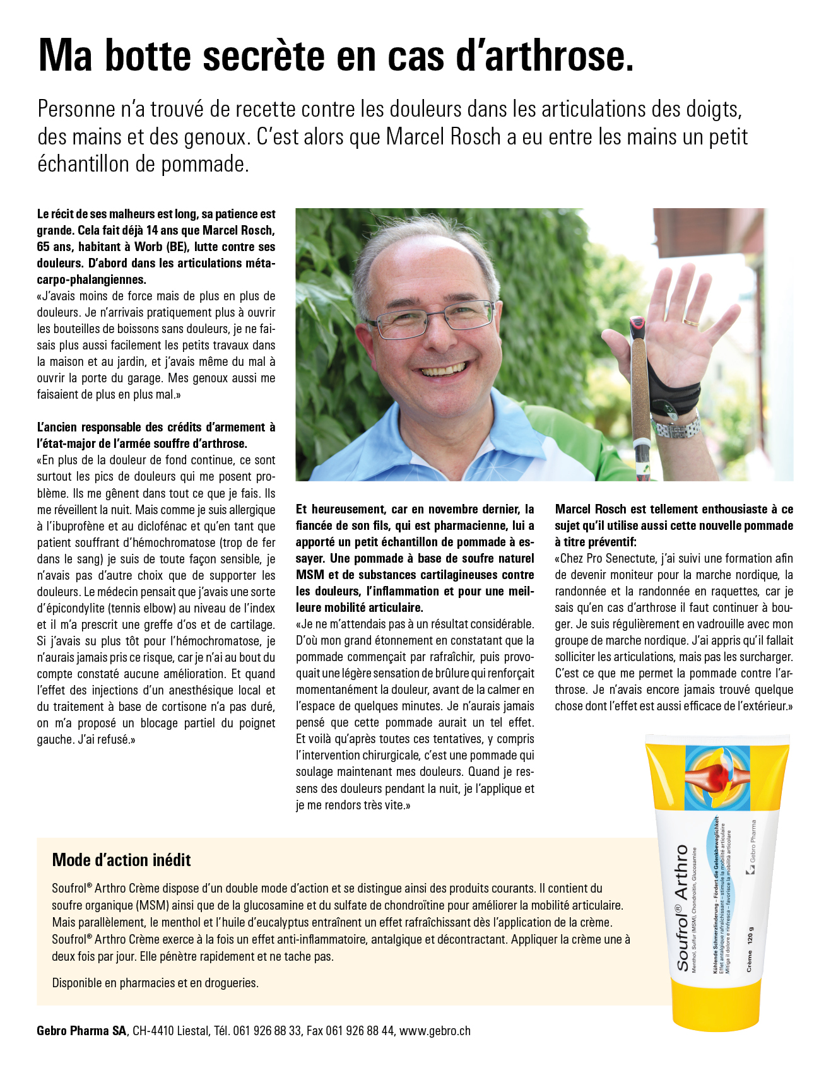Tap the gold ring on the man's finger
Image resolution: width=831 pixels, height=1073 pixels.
click(691, 321)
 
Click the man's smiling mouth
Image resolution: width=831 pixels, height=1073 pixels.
click(445, 368)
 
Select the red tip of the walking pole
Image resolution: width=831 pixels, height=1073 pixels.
click(637, 329)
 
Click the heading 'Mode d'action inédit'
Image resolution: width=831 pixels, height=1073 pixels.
click(121, 860)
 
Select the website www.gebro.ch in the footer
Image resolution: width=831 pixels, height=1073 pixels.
click(435, 1031)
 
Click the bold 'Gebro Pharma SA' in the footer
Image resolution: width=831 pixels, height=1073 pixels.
click(82, 1031)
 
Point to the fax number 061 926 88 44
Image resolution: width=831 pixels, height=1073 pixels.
click(360, 1031)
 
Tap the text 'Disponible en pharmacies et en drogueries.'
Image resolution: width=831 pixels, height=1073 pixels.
click(155, 983)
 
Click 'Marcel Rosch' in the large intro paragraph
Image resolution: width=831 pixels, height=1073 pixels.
click(444, 137)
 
